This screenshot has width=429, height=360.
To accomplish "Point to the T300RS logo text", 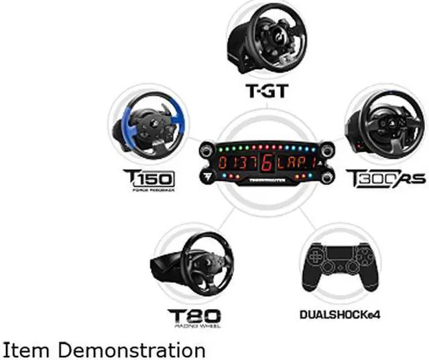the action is coord(376,179).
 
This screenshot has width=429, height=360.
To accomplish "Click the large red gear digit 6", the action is coord(267,162).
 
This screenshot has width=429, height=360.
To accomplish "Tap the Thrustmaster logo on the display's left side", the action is coord(207,178).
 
